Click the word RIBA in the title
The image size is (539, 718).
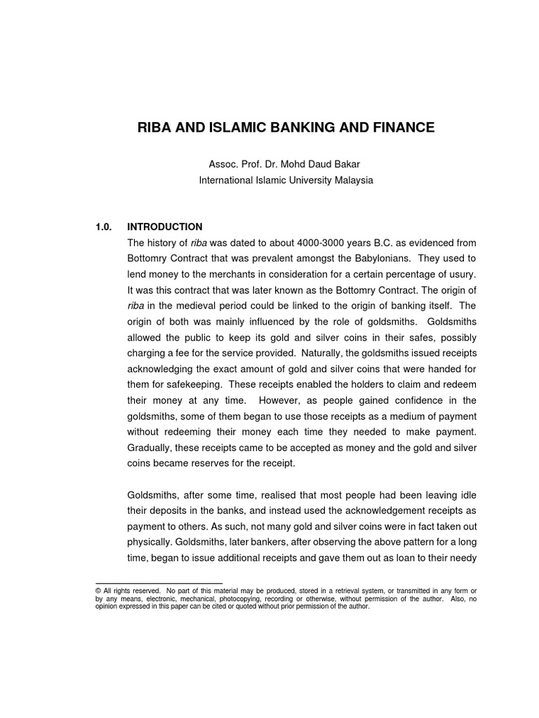tap(155, 128)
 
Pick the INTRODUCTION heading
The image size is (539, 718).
tap(164, 226)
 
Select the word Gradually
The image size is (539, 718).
tap(149, 447)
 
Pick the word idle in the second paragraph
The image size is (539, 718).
tap(468, 494)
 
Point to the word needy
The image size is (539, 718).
tap(464, 557)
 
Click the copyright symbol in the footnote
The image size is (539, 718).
tap(98, 591)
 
